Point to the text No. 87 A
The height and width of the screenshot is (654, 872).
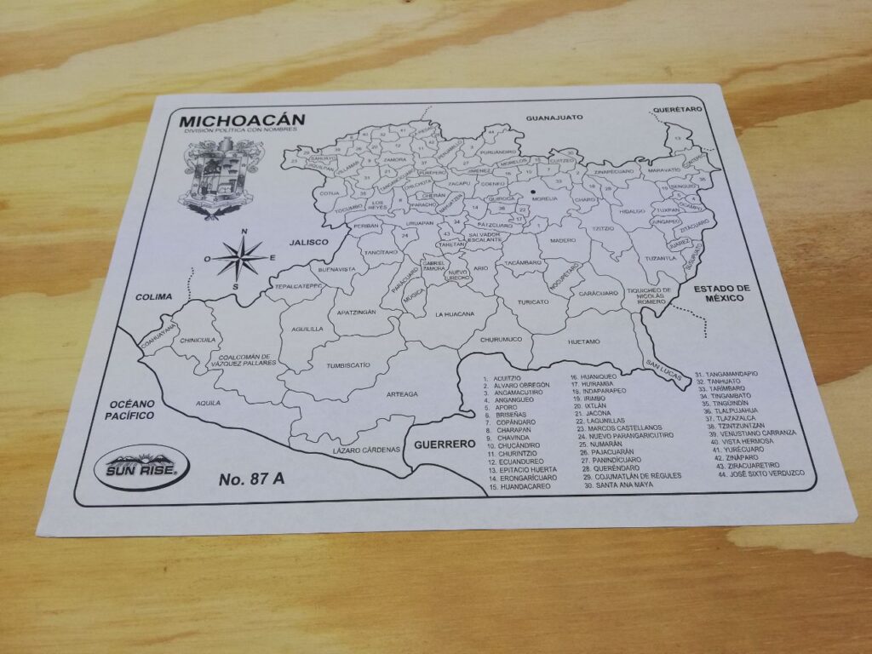pyautogui.click(x=252, y=479)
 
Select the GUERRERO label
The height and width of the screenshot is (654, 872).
pyautogui.click(x=444, y=445)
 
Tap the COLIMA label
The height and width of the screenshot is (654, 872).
pyautogui.click(x=153, y=297)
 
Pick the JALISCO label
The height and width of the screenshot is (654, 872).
pyautogui.click(x=307, y=242)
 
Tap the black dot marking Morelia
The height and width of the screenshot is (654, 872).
pyautogui.click(x=533, y=192)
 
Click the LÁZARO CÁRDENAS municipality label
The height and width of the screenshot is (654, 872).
pyautogui.click(x=365, y=449)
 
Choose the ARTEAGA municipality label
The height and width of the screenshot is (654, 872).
pyautogui.click(x=402, y=394)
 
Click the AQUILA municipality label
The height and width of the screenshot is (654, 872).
pyautogui.click(x=207, y=403)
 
